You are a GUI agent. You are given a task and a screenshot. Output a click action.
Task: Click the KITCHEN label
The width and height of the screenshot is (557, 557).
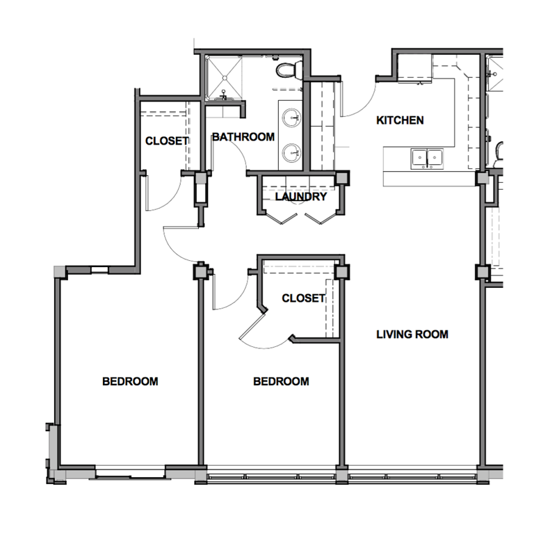pyautogui.click(x=400, y=120)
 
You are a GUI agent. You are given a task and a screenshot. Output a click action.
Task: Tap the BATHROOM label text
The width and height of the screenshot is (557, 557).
pyautogui.click(x=243, y=137)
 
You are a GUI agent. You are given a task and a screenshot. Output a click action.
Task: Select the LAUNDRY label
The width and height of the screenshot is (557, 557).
pyautogui.click(x=300, y=197)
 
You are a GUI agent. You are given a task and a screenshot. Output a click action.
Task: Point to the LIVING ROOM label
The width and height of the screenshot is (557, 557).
pyautogui.click(x=412, y=334)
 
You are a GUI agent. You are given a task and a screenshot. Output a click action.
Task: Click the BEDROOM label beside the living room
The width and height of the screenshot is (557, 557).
pyautogui.click(x=281, y=382)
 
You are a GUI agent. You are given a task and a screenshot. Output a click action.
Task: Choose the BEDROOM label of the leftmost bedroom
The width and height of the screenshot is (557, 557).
pyautogui.click(x=130, y=381)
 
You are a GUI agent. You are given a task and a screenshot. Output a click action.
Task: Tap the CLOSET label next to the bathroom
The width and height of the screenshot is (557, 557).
pyautogui.click(x=167, y=140)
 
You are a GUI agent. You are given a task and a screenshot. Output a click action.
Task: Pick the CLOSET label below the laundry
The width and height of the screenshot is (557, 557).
pyautogui.click(x=304, y=298)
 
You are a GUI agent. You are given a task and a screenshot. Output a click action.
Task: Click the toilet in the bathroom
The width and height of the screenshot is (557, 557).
pyautogui.click(x=286, y=70)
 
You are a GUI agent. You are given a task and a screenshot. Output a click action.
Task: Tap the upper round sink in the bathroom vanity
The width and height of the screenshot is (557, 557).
pyautogui.click(x=291, y=116)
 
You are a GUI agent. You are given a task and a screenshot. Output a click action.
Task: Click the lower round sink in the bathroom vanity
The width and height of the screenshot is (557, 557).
pyautogui.click(x=291, y=148)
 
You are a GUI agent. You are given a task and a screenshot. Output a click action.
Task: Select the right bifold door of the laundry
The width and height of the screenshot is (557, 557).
pyautogui.click(x=321, y=218)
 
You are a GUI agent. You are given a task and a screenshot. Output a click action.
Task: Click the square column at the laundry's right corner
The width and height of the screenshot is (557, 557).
pyautogui.click(x=340, y=179)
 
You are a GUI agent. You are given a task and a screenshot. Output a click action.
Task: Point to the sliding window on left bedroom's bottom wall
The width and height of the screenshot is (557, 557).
pyautogui.click(x=131, y=475)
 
